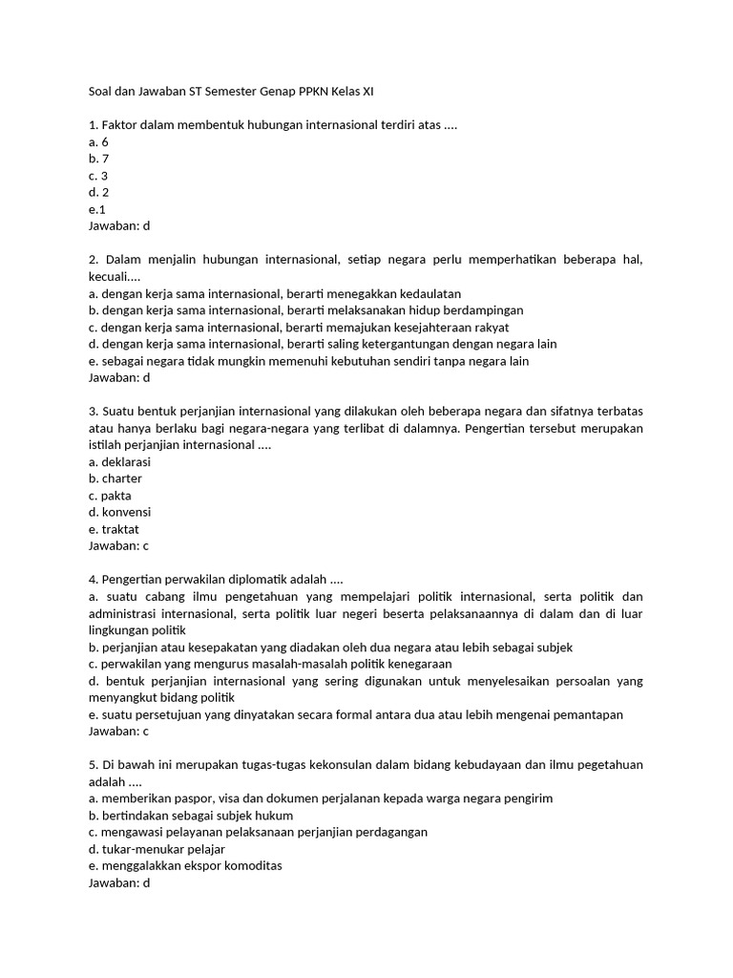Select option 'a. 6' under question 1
[x=98, y=141]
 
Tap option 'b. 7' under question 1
[x=98, y=159]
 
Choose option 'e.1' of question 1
[x=96, y=209]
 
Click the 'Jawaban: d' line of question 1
[x=119, y=226]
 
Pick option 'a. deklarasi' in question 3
[x=119, y=461]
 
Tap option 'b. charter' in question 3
[x=115, y=478]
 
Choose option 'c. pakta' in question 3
[x=110, y=496]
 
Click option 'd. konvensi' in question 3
[x=119, y=512]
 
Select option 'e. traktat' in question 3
[x=113, y=529]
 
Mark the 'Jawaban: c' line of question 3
[x=118, y=546]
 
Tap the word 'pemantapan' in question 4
[x=590, y=714]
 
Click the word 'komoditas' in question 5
[x=250, y=865]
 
